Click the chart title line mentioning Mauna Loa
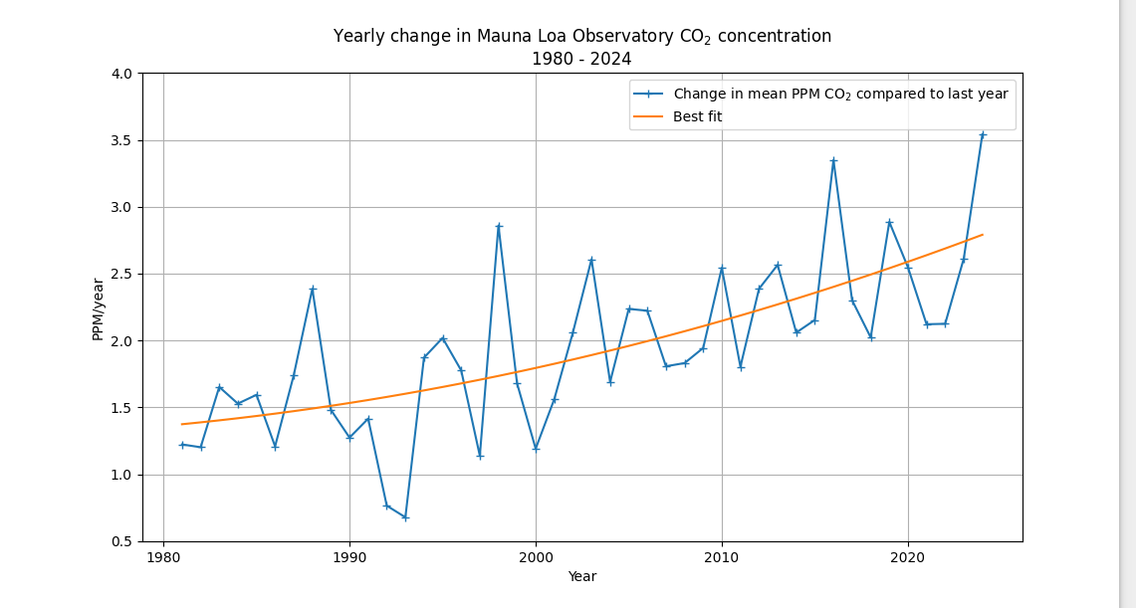click(x=581, y=37)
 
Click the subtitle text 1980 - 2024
click(x=581, y=60)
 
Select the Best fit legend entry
click(x=697, y=116)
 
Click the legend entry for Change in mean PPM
click(x=840, y=95)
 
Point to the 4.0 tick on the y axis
click(x=123, y=74)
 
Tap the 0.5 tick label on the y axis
click(x=123, y=541)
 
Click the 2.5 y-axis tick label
click(x=123, y=274)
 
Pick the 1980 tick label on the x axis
click(x=163, y=556)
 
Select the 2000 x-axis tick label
click(x=536, y=556)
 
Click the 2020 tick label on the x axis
click(x=908, y=556)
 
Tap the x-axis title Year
click(x=581, y=576)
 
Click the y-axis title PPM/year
click(x=98, y=308)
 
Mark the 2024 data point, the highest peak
click(x=983, y=134)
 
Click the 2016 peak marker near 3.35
click(x=833, y=160)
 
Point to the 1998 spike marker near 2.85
click(x=499, y=226)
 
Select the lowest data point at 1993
click(x=405, y=517)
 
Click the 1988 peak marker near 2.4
click(x=313, y=289)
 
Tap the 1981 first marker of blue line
click(x=182, y=445)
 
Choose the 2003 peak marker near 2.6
click(x=591, y=260)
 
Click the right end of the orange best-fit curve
click(x=983, y=235)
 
